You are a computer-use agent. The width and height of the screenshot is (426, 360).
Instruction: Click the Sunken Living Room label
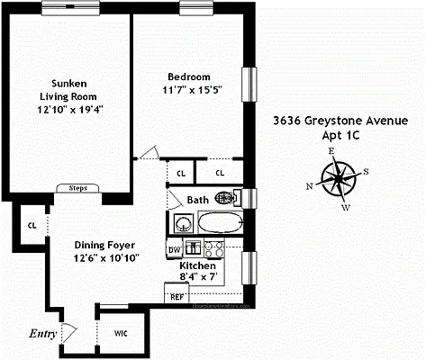(68, 87)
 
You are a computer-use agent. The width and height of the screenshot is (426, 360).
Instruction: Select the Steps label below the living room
(73, 189)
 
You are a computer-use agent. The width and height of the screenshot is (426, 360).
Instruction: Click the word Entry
(42, 334)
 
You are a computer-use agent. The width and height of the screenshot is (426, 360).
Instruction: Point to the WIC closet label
(120, 333)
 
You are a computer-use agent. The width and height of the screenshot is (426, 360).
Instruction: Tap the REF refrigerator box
(176, 295)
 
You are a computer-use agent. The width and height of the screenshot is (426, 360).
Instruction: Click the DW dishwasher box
(175, 250)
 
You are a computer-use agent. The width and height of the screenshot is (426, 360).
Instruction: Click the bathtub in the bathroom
(219, 222)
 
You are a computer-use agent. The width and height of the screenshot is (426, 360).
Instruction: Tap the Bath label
(197, 201)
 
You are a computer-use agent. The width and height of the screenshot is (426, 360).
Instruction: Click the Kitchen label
(198, 267)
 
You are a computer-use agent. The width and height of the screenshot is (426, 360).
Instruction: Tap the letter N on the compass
(310, 186)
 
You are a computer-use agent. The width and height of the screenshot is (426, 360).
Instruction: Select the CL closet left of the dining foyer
(32, 226)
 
